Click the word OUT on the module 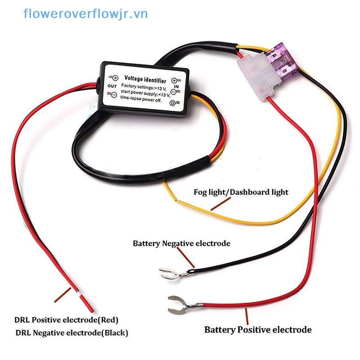pyautogui.click(x=112, y=85)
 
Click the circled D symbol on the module pyautogui.click(x=173, y=103)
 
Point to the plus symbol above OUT pyautogui.click(x=115, y=77)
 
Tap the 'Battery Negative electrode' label pyautogui.click(x=181, y=243)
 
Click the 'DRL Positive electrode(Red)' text pyautogui.click(x=67, y=320)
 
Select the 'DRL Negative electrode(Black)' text pyautogui.click(x=72, y=333)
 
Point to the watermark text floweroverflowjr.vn pyautogui.click(x=85, y=14)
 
